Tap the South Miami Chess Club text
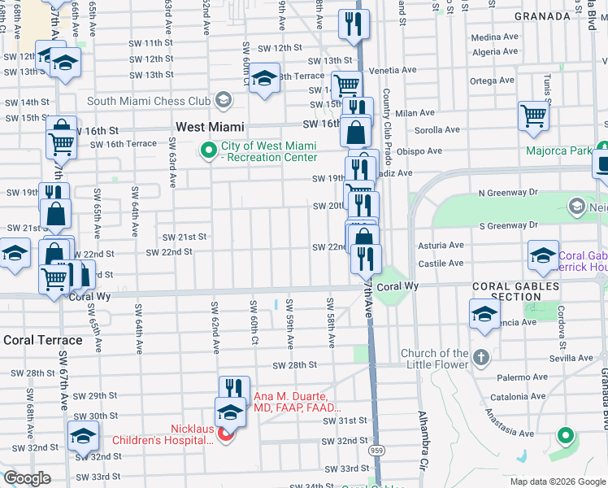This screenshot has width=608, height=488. click(149, 101)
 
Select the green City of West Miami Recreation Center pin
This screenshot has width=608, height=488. click(209, 150)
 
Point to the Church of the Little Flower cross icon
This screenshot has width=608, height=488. click(481, 357)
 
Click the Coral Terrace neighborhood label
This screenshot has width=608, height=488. click(43, 340)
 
